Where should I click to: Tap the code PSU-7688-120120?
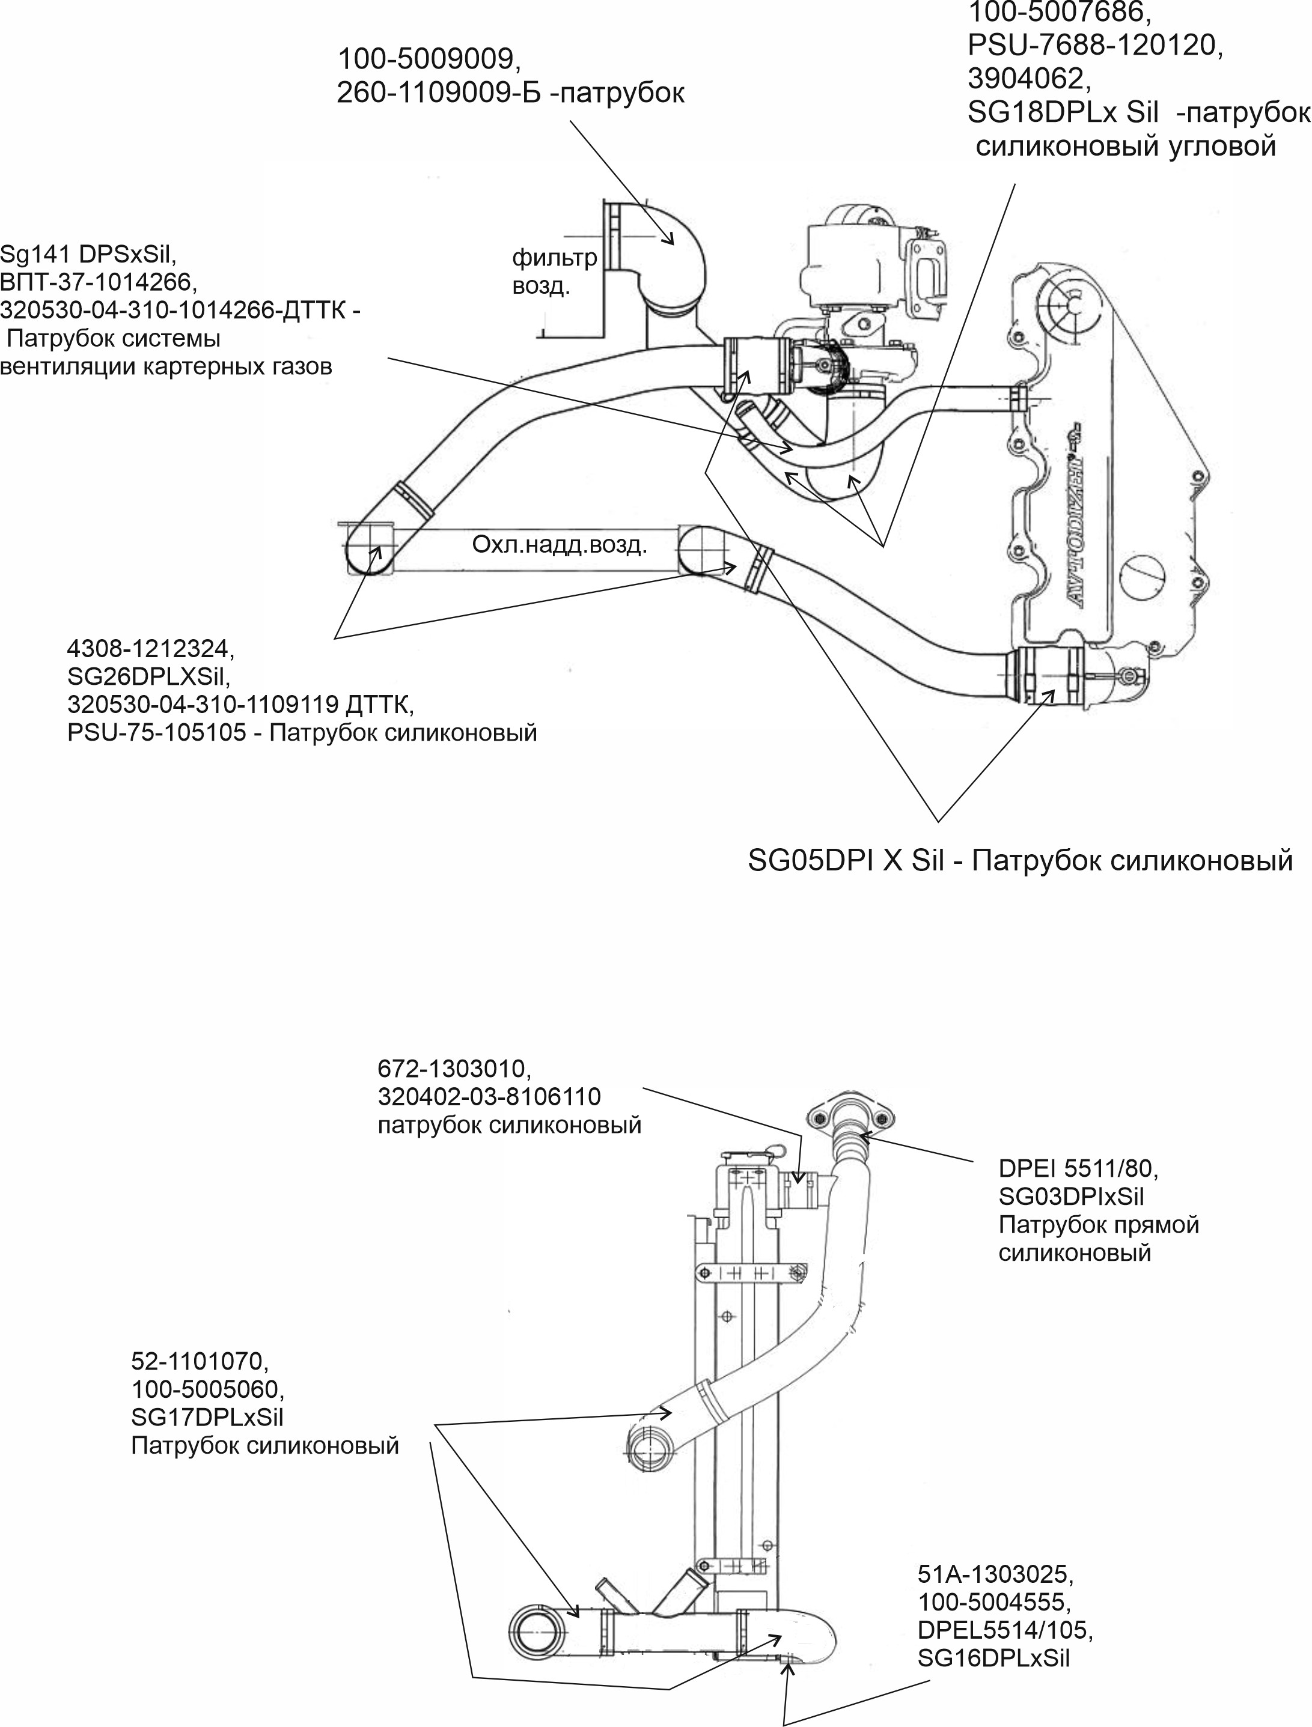click(1094, 45)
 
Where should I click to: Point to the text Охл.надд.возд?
click(559, 544)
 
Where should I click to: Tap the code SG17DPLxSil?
click(207, 1417)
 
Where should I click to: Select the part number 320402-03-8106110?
click(490, 1097)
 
